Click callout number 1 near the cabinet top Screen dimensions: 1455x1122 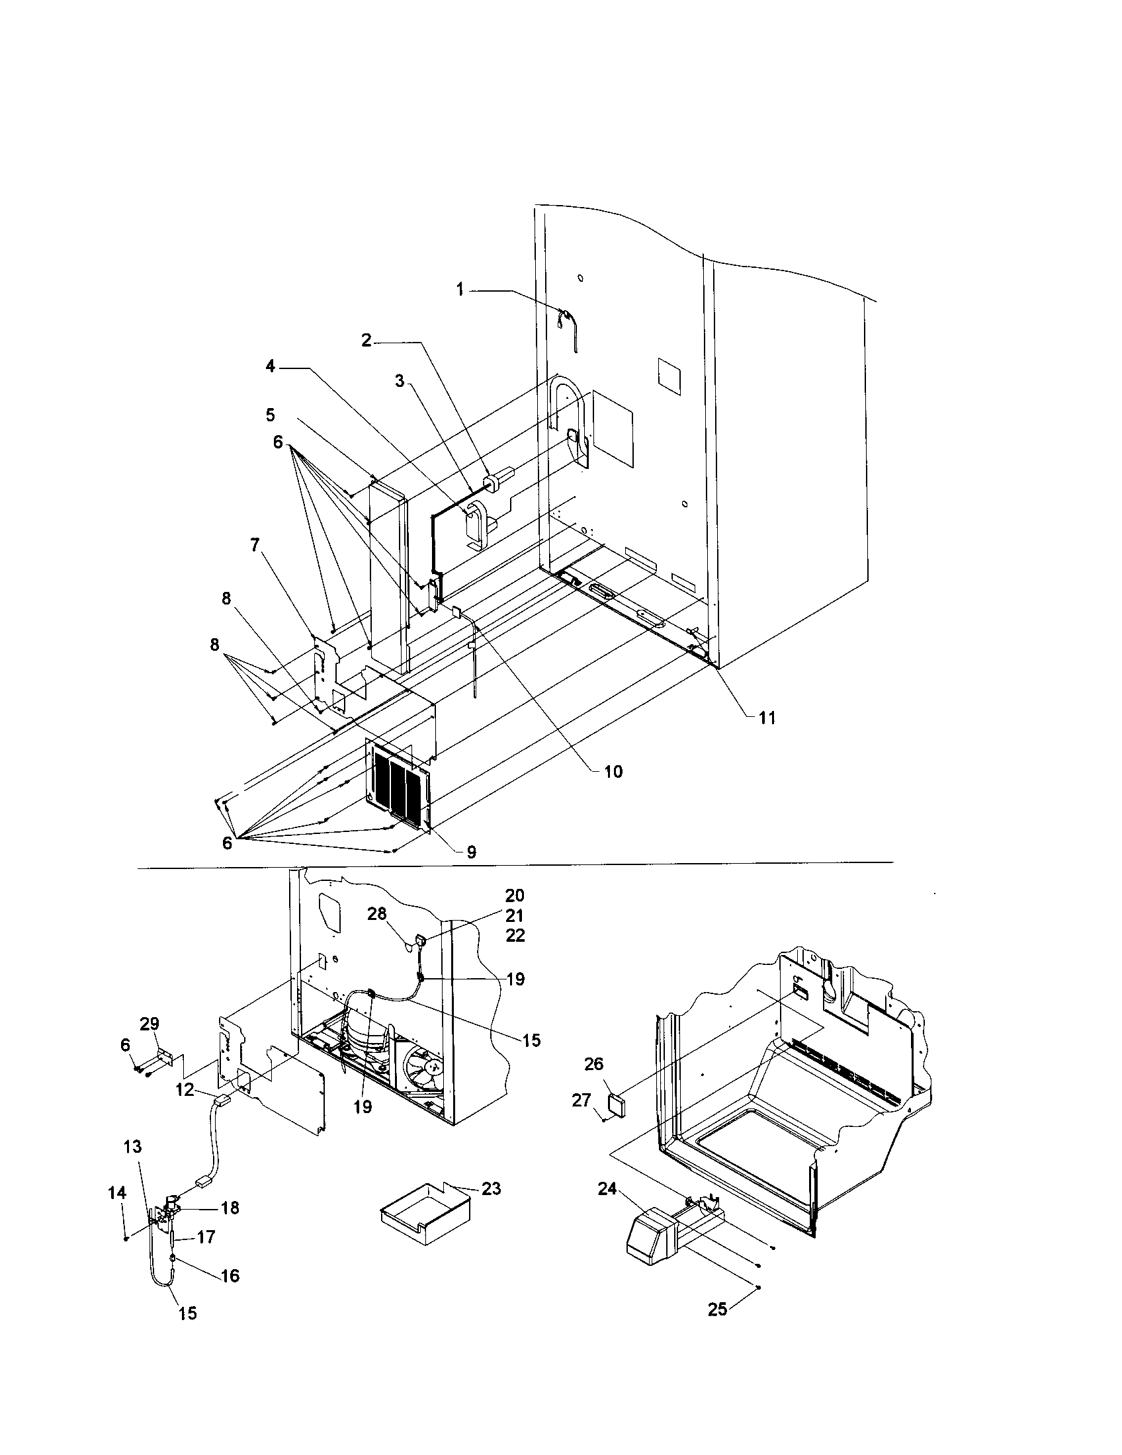460,289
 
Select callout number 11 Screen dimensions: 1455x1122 766,718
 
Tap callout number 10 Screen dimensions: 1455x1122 613,771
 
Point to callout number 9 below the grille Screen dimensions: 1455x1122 471,852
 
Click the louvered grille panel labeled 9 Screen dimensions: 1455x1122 397,787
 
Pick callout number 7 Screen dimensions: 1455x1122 255,545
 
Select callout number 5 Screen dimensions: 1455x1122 270,415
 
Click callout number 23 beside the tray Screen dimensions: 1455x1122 491,1188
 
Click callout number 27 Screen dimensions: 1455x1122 582,1100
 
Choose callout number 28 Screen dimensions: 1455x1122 377,914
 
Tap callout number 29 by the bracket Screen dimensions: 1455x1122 150,1024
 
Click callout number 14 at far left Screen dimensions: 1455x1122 117,1192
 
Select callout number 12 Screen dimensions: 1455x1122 185,1090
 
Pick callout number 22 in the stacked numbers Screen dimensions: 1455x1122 515,936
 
